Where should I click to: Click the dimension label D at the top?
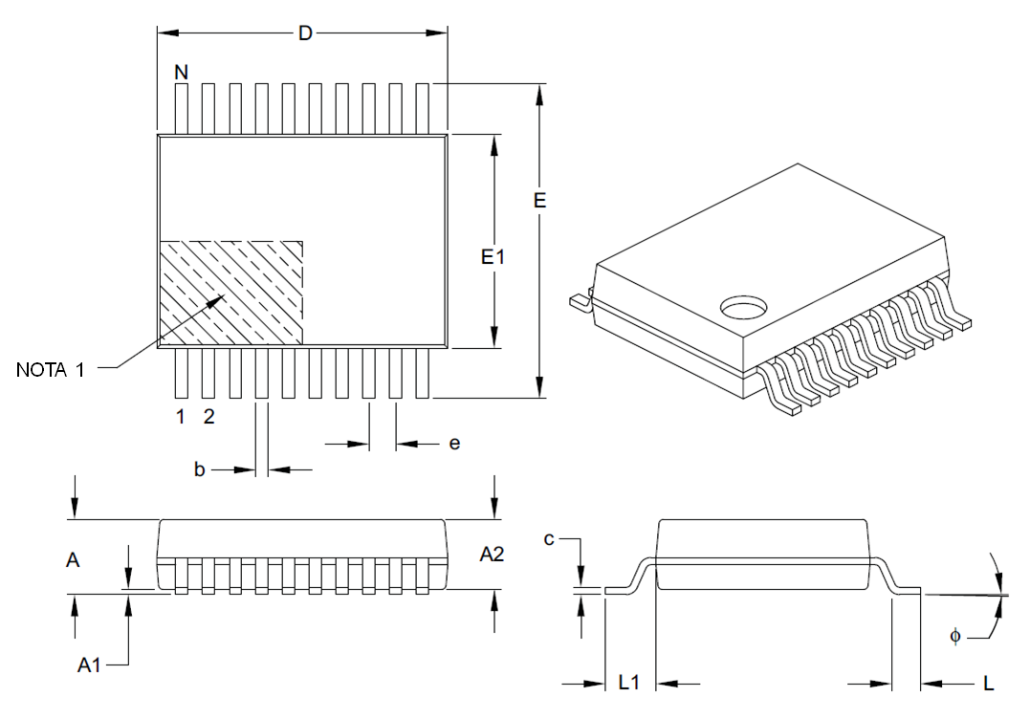point(305,33)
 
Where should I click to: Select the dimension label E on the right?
point(539,201)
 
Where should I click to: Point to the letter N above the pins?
point(181,72)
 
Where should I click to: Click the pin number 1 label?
point(179,417)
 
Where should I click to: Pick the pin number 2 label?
point(209,417)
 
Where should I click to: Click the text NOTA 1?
point(51,370)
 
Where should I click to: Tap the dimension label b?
point(199,469)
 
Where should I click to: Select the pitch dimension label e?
point(454,443)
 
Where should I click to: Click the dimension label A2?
point(493,554)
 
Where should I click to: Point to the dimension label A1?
point(89,665)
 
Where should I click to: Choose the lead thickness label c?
point(549,539)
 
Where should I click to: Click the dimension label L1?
point(629,683)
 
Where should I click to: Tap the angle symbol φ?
point(954,635)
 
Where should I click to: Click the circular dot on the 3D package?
point(743,306)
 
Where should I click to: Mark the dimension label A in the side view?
point(73,560)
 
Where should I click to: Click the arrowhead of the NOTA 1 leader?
point(223,296)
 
